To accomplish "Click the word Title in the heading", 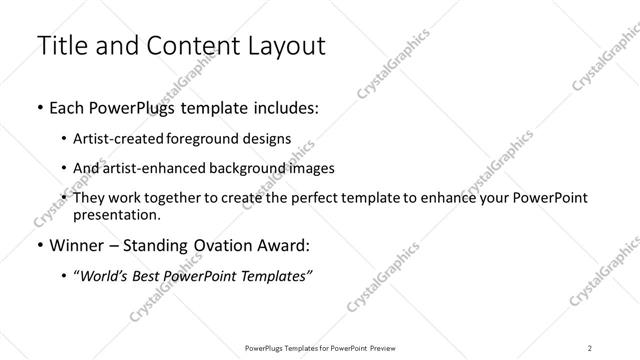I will coord(58,46).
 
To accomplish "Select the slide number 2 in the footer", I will coord(590,347).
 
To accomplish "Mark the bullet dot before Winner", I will coord(39,245).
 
